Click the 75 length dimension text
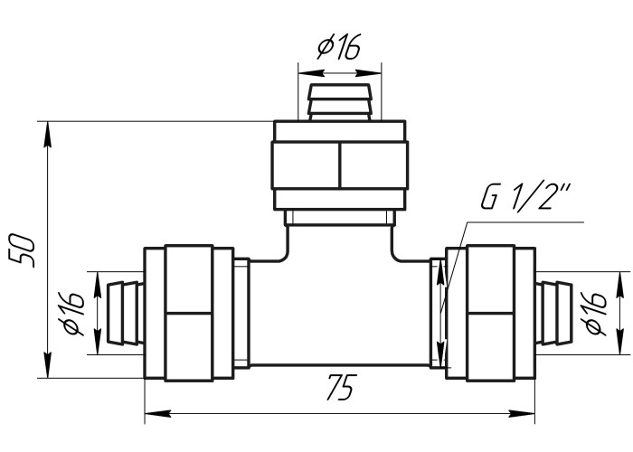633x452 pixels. (x=342, y=388)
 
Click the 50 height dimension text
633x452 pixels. (x=23, y=250)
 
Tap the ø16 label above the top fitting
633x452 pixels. (x=338, y=46)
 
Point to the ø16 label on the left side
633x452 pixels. (x=73, y=314)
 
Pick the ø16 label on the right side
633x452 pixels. (x=596, y=313)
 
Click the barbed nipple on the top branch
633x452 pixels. (x=339, y=102)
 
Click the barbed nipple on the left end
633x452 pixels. (x=125, y=313)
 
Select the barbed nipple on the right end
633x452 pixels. (x=553, y=313)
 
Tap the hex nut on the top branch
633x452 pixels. (x=340, y=165)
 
